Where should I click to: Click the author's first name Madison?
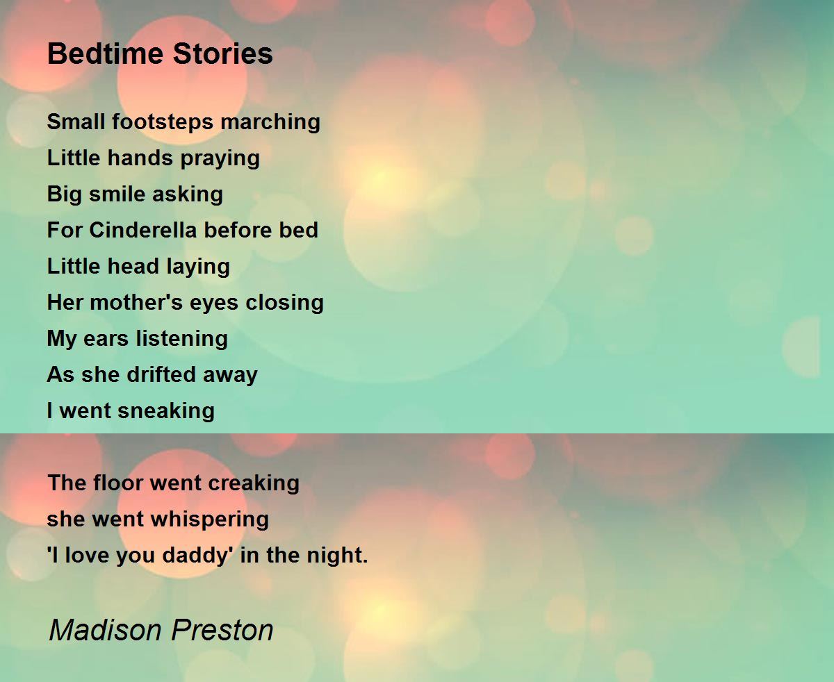(106, 630)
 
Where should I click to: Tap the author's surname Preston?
(222, 630)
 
